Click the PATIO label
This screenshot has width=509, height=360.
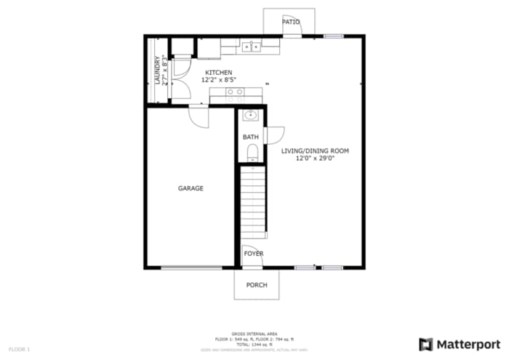[x=291, y=22]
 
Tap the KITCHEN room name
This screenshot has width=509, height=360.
[x=219, y=72]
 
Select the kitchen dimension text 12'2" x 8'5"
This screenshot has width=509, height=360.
[x=219, y=79]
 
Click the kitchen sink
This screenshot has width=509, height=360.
[x=252, y=47]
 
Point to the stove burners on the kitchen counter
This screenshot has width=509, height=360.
[x=235, y=92]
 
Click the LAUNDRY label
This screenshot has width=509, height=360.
[x=156, y=71]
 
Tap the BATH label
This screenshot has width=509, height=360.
[x=251, y=137]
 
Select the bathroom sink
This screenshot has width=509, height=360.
[x=251, y=115]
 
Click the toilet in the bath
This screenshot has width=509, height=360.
[x=252, y=151]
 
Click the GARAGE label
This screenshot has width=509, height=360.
[x=191, y=188]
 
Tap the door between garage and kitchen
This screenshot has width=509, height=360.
[x=199, y=115]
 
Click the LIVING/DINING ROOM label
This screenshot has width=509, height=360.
[x=316, y=151]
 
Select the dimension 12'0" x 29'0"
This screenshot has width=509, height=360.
[x=316, y=159]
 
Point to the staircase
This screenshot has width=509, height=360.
[x=254, y=200]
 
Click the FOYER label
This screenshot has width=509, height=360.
[x=254, y=254]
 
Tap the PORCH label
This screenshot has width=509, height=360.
[x=257, y=284]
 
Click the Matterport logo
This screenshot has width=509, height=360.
[x=460, y=343]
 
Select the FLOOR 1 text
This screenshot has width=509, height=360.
[x=20, y=350]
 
